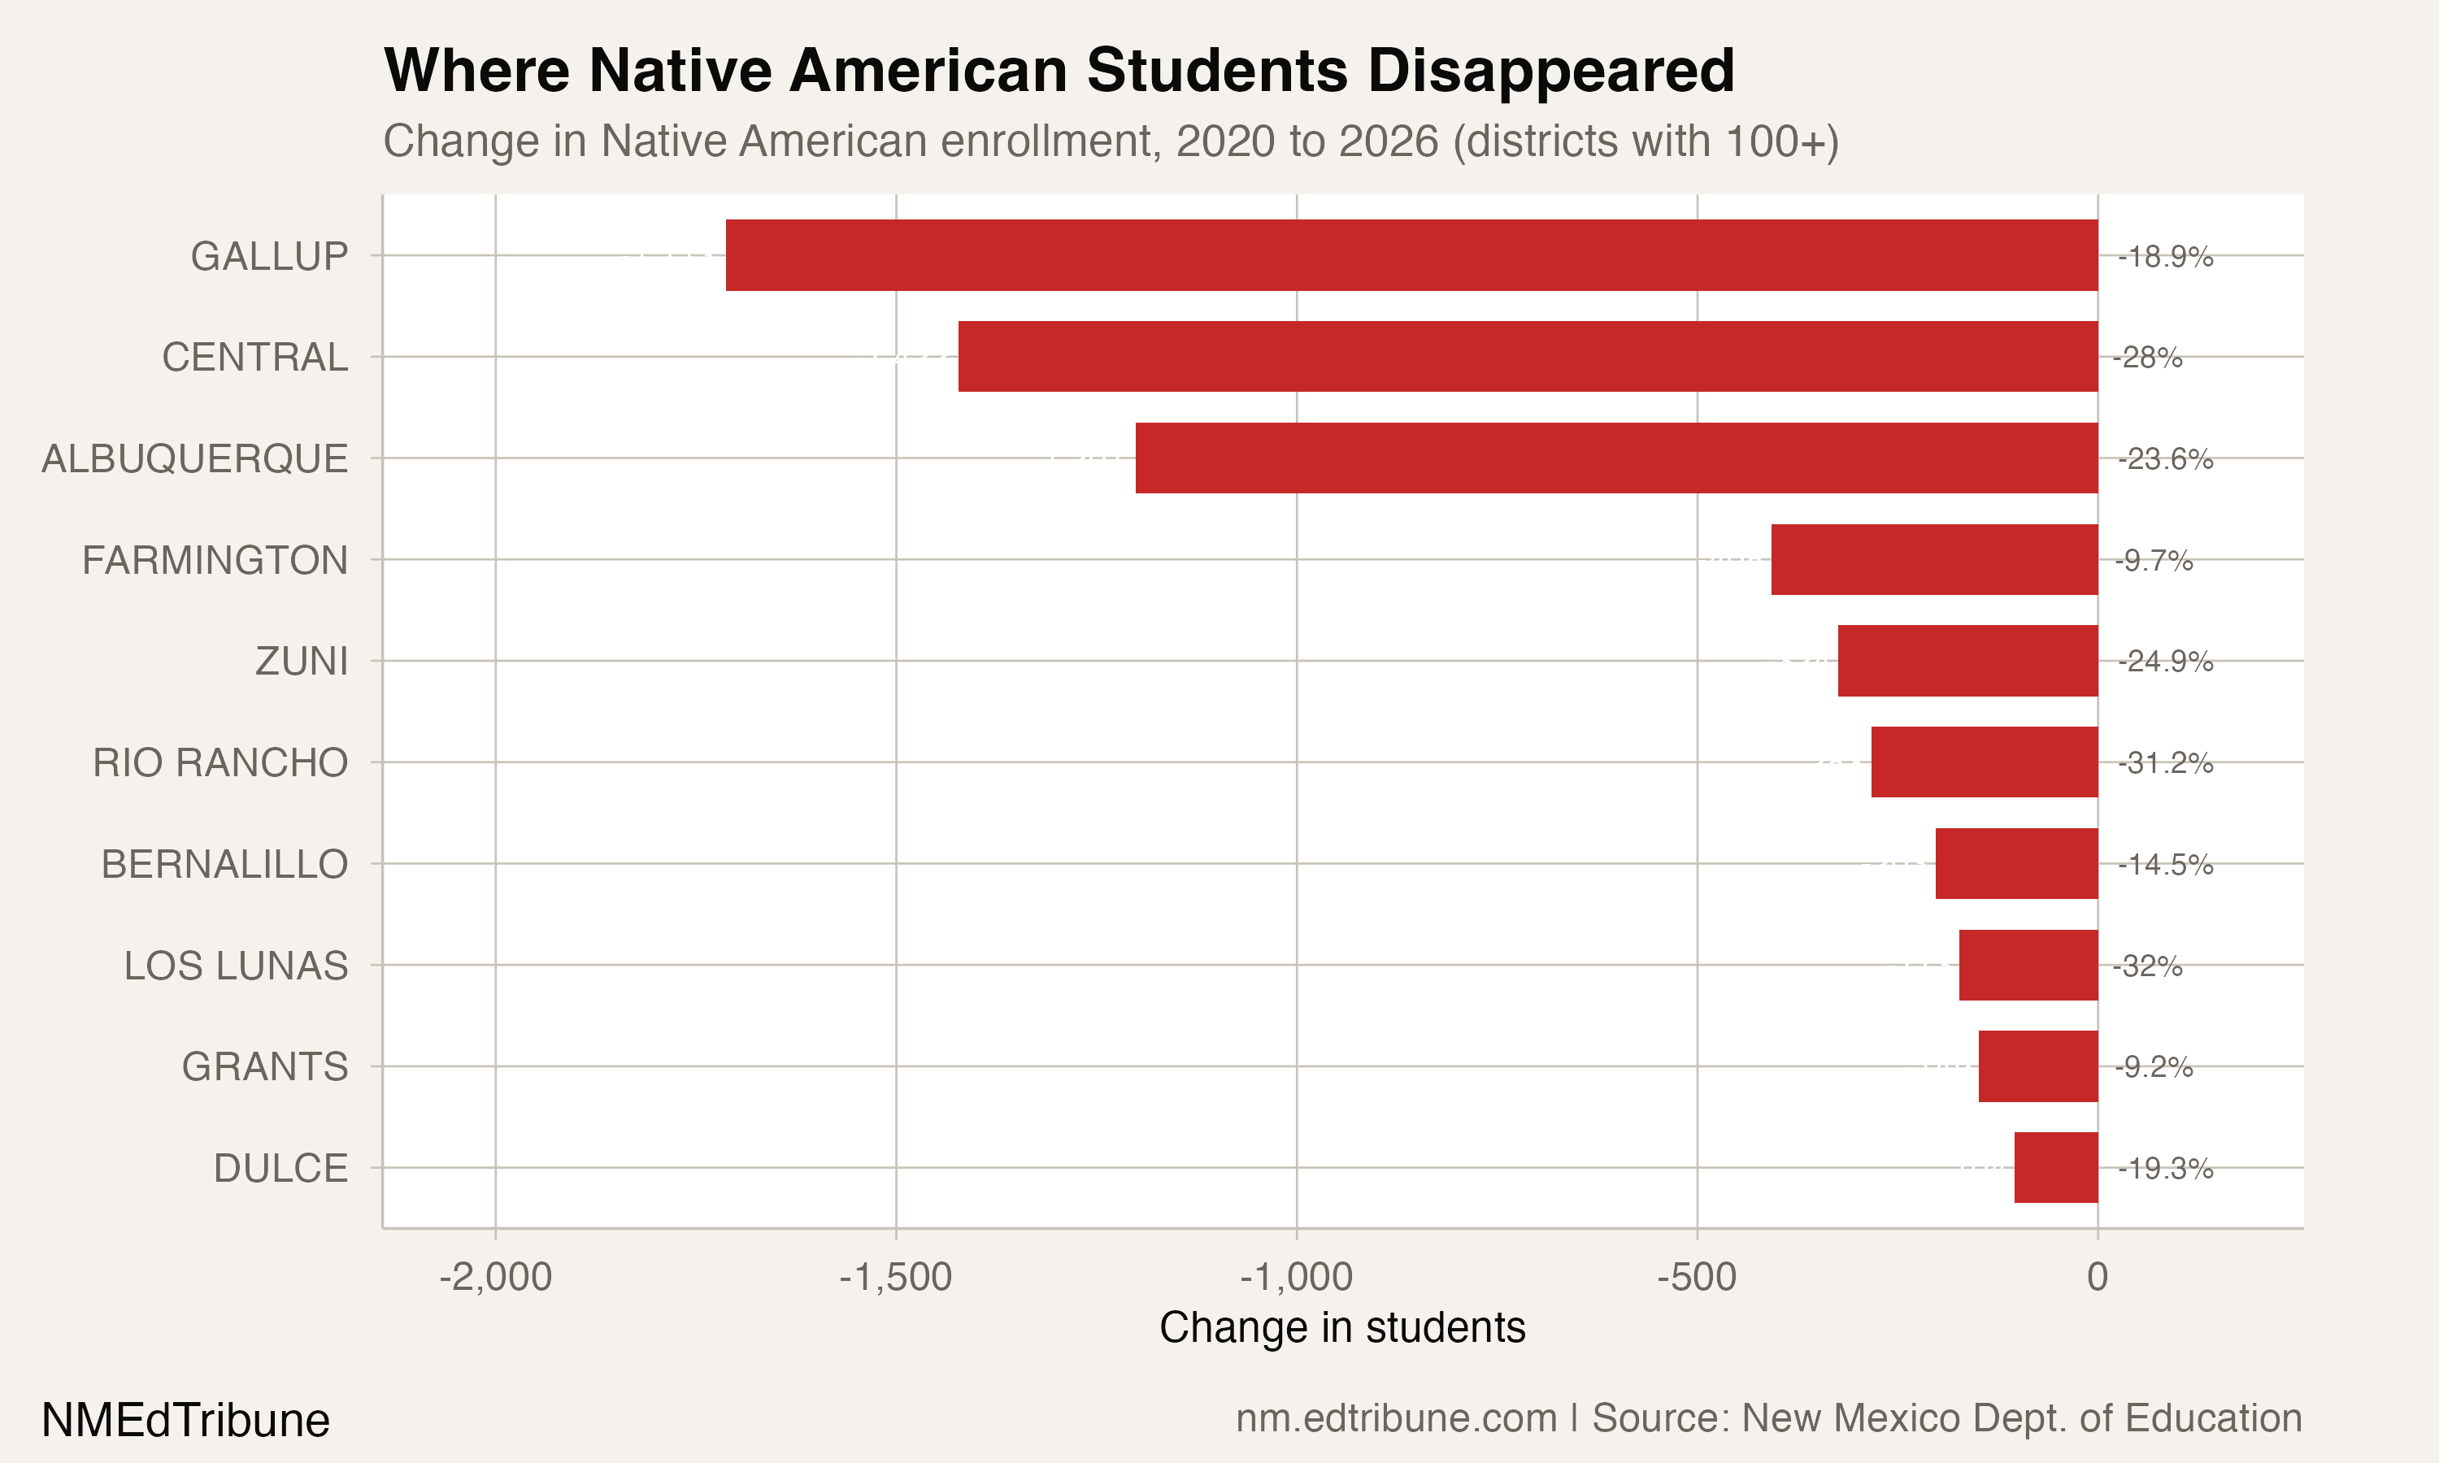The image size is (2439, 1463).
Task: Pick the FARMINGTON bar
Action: pyautogui.click(x=1933, y=560)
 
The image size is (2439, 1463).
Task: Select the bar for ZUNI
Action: pyautogui.click(x=1967, y=661)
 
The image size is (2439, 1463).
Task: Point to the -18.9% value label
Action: pyautogui.click(x=2165, y=258)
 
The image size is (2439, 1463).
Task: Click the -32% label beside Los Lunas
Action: pyautogui.click(x=2147, y=966)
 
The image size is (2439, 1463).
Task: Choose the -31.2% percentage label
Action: pyautogui.click(x=2165, y=763)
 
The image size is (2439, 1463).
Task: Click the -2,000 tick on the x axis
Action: pyautogui.click(x=495, y=1278)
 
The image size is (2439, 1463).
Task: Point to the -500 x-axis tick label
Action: pyautogui.click(x=1696, y=1278)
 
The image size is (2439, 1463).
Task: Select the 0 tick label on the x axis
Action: pyautogui.click(x=2097, y=1278)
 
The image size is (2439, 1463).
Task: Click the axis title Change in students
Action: pyautogui.click(x=1341, y=1328)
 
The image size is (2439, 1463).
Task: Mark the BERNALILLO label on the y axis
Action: pyautogui.click(x=224, y=865)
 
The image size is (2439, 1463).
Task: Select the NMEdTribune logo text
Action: pyautogui.click(x=185, y=1421)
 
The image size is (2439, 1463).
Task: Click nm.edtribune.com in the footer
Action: pyautogui.click(x=1396, y=1418)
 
